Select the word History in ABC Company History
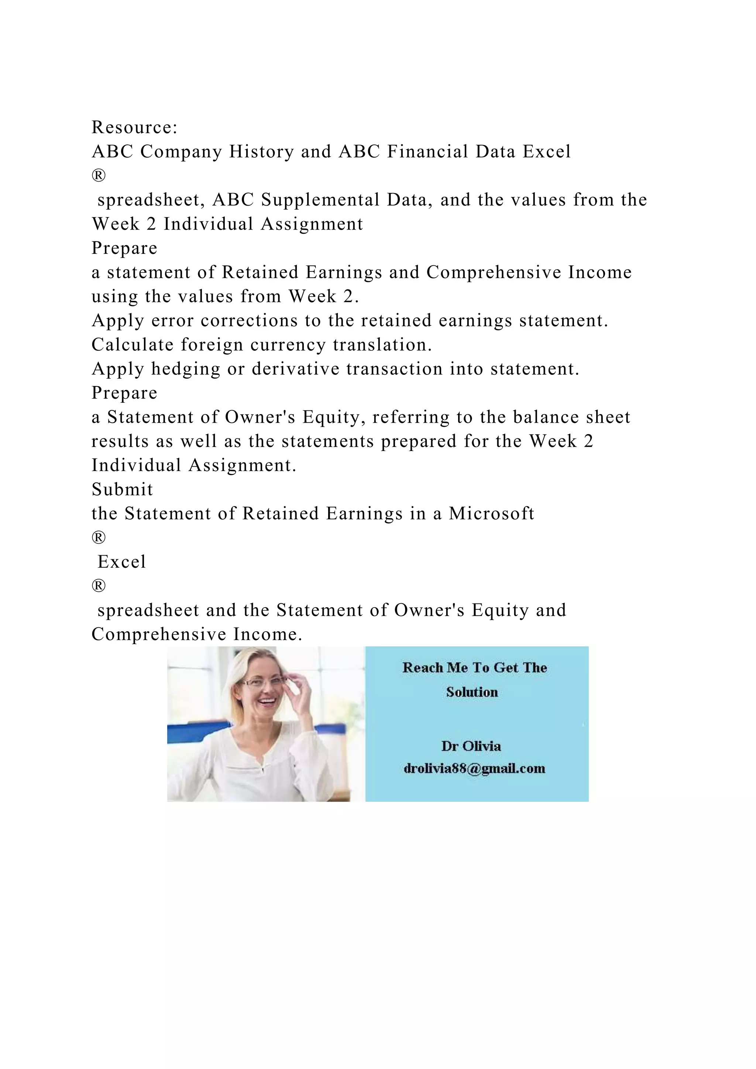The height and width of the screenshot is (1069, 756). click(261, 152)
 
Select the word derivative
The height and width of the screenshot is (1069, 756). click(296, 369)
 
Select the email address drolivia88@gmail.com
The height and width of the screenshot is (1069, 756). click(474, 769)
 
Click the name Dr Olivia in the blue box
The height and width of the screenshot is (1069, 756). click(471, 746)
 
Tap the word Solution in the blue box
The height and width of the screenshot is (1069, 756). click(471, 692)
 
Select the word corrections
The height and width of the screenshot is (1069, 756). click(249, 321)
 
